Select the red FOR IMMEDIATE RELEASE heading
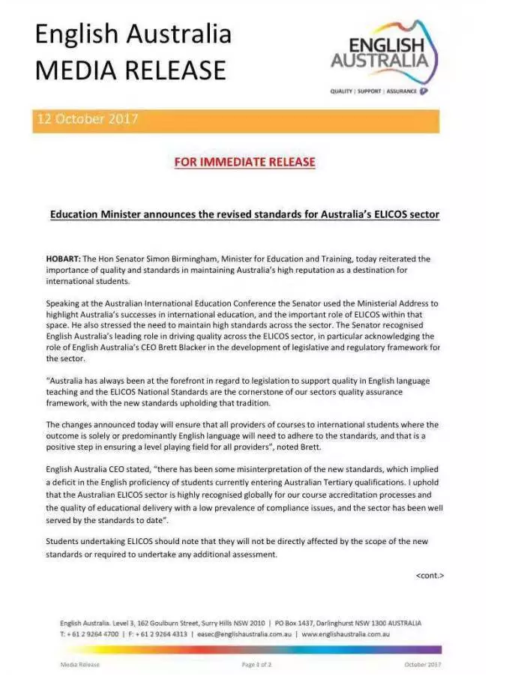pos(244,162)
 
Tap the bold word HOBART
pos(63,259)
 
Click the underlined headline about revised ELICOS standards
pos(244,214)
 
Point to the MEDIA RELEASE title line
pos(130,70)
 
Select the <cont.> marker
pos(430,575)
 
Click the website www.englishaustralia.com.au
pos(346,634)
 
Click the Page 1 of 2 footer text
pos(256,665)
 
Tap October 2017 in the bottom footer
pos(423,665)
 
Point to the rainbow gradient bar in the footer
pos(250,650)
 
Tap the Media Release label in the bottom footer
pos(79,665)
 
